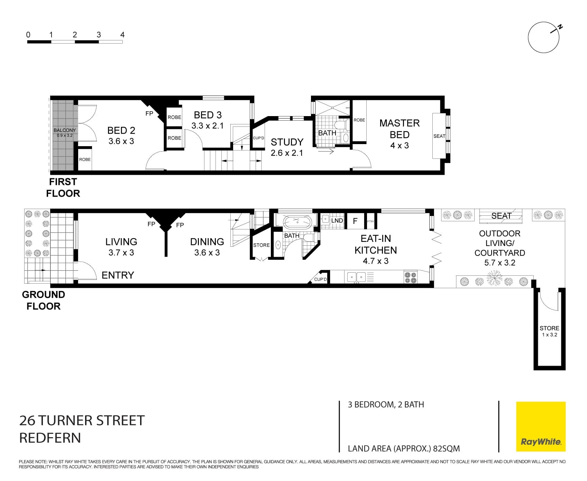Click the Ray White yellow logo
(x=541, y=426)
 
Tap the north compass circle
(x=543, y=37)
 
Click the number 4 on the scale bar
(x=122, y=35)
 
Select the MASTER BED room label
(x=399, y=129)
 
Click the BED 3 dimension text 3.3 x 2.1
(x=208, y=126)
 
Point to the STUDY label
(x=287, y=142)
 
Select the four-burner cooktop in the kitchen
(x=411, y=277)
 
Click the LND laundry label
(x=337, y=220)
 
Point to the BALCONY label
(x=65, y=130)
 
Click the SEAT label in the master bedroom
(x=439, y=136)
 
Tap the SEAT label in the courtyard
(x=501, y=216)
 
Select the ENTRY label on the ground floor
(x=118, y=275)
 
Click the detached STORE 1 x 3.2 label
(x=549, y=331)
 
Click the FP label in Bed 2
(x=149, y=113)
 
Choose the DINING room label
(x=207, y=242)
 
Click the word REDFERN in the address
(x=50, y=438)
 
